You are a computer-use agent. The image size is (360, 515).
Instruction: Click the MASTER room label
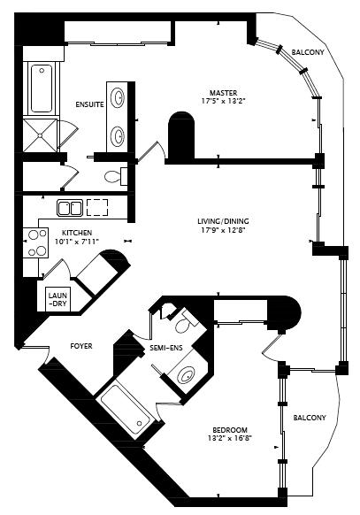224,93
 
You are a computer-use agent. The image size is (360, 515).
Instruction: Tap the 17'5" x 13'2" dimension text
224,101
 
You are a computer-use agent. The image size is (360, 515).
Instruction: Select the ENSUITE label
89,104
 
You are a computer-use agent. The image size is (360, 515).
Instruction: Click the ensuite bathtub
42,88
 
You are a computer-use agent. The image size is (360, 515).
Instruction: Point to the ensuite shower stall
40,135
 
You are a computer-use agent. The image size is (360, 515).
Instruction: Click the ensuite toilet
116,176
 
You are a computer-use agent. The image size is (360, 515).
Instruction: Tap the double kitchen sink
70,208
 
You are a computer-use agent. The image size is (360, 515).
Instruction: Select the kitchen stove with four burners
35,243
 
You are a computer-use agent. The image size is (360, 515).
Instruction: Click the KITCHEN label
77,233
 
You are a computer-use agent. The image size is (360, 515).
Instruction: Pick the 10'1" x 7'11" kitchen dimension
77,242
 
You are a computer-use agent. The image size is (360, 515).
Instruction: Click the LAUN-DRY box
57,300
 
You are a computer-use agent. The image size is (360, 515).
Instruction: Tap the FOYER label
81,346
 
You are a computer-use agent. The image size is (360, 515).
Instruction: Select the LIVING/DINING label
223,221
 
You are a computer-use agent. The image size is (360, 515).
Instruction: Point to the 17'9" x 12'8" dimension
224,230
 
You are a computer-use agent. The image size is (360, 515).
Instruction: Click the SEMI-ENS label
166,348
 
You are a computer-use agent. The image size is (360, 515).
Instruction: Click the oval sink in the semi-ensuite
186,375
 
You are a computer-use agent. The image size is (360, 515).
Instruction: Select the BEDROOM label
230,429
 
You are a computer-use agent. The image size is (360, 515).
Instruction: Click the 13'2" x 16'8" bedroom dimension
230,438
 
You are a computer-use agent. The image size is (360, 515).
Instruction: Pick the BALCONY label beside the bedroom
310,418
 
